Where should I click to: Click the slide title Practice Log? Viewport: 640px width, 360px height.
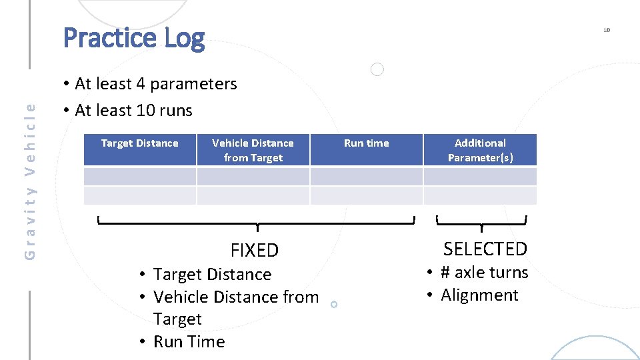point(134,38)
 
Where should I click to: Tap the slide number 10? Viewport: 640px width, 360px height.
point(607,30)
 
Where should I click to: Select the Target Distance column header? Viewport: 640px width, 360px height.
point(140,143)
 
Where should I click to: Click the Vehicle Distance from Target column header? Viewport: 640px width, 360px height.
point(253,150)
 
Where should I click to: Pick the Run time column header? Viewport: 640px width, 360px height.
point(366,143)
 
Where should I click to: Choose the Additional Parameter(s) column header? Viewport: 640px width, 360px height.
point(480,150)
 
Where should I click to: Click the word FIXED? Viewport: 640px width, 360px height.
point(255,251)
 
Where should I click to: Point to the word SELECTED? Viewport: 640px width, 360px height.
point(485,249)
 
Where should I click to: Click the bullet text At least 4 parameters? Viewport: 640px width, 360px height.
point(155,84)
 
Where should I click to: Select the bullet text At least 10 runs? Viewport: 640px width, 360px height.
point(133,111)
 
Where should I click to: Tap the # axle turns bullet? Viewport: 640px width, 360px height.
point(484,273)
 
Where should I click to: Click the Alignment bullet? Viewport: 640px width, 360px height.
point(479,295)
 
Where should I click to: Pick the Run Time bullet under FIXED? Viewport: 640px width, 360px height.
point(189,342)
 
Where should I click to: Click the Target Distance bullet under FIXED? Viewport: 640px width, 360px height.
point(212,275)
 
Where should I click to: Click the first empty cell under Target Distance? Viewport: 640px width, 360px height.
point(140,176)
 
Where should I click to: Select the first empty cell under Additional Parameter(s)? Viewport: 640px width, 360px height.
point(480,176)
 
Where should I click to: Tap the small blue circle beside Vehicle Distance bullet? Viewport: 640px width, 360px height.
point(334,304)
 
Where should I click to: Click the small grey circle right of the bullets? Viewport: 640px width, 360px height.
point(377,69)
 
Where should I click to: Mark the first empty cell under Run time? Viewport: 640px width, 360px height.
point(366,176)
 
